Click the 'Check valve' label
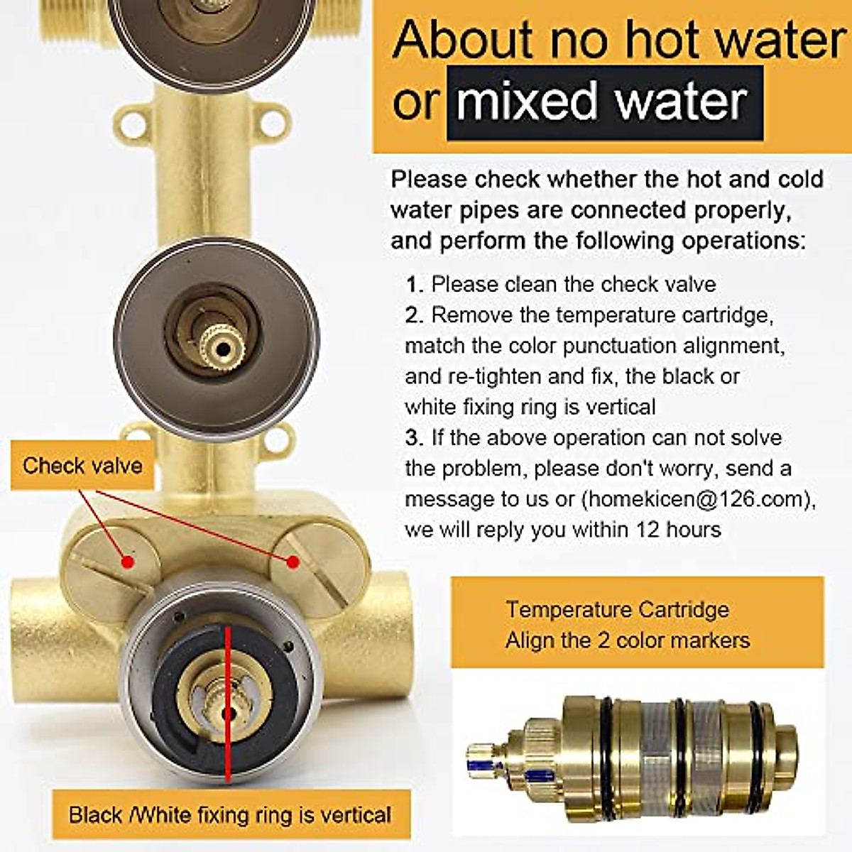click(82, 466)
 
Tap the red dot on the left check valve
click(128, 562)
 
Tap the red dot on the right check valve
click(292, 562)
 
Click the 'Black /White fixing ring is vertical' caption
click(230, 814)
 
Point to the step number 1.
click(414, 285)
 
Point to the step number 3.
click(414, 438)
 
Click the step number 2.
click(414, 315)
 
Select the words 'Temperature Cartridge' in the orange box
click(617, 609)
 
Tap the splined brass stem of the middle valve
click(222, 347)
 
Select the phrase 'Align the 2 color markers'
click(627, 640)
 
